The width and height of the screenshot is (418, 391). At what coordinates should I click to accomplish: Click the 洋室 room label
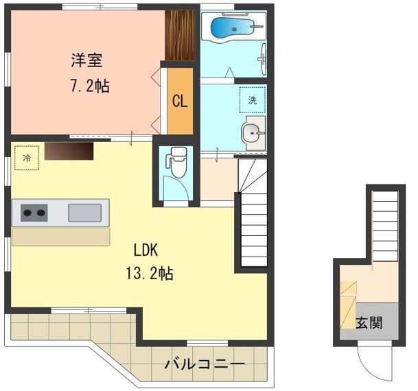[x=87, y=61]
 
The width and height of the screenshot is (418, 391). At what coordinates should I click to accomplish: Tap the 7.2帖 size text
[x=87, y=87]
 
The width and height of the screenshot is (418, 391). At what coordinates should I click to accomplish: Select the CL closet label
[x=179, y=102]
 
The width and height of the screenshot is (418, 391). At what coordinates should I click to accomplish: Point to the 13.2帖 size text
[x=149, y=274]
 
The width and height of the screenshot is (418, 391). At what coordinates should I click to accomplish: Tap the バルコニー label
[x=204, y=364]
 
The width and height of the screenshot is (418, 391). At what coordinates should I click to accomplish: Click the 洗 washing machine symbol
[x=251, y=99]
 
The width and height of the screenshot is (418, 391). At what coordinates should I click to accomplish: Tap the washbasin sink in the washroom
[x=253, y=132]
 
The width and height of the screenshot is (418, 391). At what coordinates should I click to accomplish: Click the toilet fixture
[x=178, y=162]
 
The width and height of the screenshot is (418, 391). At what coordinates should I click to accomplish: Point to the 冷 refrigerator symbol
[x=27, y=158]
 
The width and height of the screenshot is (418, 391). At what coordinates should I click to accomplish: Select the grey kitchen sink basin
[x=84, y=213]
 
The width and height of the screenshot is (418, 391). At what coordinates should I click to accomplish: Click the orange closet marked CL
[x=181, y=101]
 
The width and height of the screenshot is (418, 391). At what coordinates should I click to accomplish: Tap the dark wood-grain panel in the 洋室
[x=181, y=35]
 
